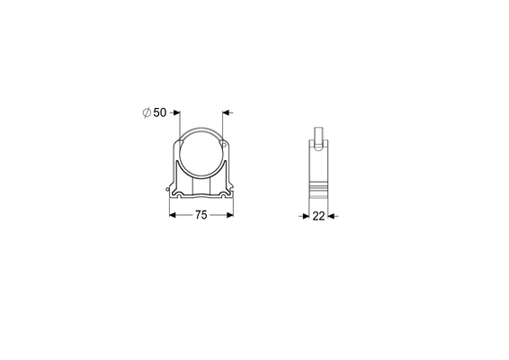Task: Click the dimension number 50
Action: [x=160, y=112]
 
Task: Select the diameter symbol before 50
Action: [x=147, y=112]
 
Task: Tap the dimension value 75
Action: [x=201, y=215]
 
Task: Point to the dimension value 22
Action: [x=318, y=216]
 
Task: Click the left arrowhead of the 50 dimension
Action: [x=176, y=112]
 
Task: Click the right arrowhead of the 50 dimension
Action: [x=226, y=112]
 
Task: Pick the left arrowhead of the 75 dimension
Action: [x=173, y=215]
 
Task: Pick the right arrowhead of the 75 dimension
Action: [x=230, y=215]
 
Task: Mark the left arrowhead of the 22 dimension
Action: [x=306, y=216]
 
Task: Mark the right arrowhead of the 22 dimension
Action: [x=331, y=216]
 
